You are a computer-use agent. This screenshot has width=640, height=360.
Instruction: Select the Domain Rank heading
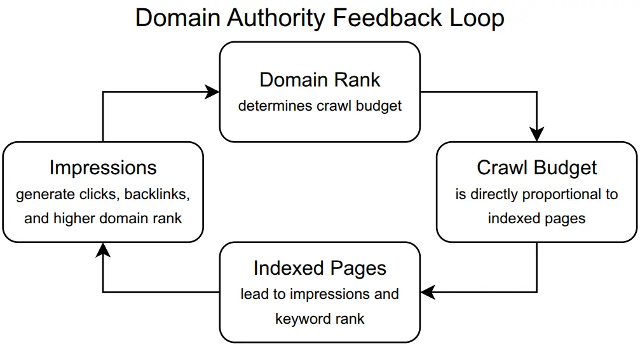320,80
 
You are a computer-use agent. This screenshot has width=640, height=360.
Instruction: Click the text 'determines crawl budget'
320,106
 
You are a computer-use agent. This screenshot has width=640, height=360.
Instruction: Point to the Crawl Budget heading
536,168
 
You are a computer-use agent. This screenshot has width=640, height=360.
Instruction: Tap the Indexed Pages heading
320,268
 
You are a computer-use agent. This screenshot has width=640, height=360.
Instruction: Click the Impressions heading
103,168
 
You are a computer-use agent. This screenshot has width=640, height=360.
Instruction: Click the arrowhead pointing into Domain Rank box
213,92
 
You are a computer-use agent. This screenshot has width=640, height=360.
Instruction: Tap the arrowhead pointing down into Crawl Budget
537,135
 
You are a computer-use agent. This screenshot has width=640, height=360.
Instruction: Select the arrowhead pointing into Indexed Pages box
428,293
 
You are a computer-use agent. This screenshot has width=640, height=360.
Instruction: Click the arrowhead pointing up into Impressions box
103,249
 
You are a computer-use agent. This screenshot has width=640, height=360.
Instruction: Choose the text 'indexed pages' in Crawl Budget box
536,218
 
